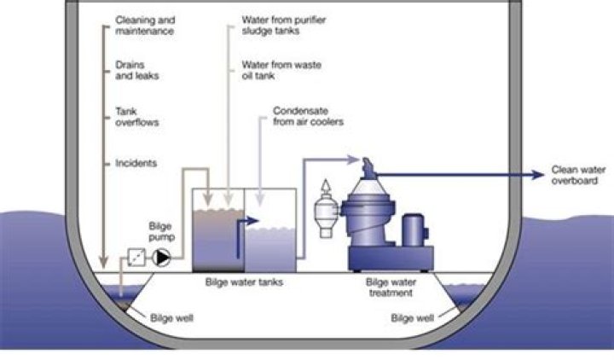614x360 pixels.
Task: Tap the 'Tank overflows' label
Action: [136, 116]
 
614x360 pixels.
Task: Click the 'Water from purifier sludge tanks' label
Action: [275, 26]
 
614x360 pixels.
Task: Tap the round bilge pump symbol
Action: [163, 256]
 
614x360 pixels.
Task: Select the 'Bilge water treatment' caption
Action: [390, 287]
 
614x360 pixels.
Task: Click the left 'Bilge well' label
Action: [173, 318]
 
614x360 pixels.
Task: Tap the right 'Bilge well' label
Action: [412, 318]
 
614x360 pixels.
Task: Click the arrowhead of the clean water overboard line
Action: [537, 175]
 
